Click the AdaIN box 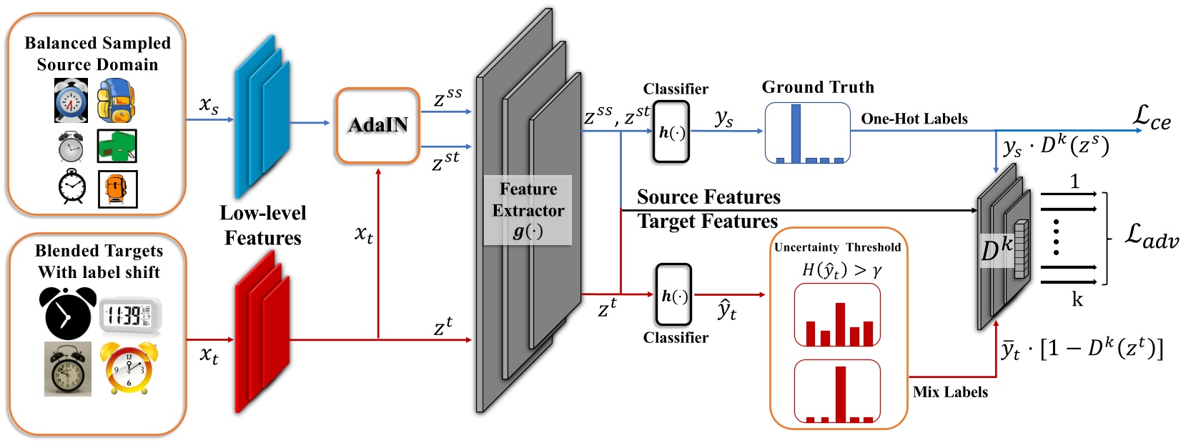[x=377, y=126]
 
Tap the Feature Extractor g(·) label [x=528, y=210]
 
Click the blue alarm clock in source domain [x=71, y=101]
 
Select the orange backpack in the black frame [x=117, y=189]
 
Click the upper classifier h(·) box [x=671, y=131]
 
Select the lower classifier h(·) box [x=673, y=295]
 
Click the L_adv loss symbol [x=1151, y=235]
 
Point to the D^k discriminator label [x=997, y=250]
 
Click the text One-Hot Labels [x=914, y=119]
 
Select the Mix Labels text [x=950, y=392]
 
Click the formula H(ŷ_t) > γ [x=841, y=269]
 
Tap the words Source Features [x=708, y=196]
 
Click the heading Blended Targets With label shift [x=99, y=262]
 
